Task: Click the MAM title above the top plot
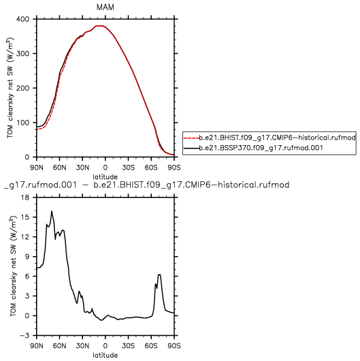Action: (x=105, y=7)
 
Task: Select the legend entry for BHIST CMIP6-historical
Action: (x=277, y=138)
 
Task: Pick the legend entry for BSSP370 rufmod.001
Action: (x=261, y=148)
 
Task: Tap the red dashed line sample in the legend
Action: (x=191, y=138)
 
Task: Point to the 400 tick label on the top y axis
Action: (x=22, y=19)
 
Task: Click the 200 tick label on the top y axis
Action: (x=22, y=88)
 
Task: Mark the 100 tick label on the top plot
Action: (x=22, y=123)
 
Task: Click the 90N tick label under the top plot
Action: (x=37, y=168)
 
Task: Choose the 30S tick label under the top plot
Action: (x=129, y=168)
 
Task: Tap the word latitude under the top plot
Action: (x=105, y=177)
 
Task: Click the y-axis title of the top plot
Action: (x=10, y=88)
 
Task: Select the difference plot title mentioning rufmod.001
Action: (x=146, y=185)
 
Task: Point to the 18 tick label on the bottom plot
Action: (x=26, y=198)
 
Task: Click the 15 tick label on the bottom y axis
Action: (x=26, y=217)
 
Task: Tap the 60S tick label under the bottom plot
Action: (x=151, y=346)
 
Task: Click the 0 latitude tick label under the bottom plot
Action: (x=105, y=346)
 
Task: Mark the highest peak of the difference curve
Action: (x=52, y=211)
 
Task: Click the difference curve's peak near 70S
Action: (x=159, y=274)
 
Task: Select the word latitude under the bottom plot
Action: (x=105, y=356)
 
